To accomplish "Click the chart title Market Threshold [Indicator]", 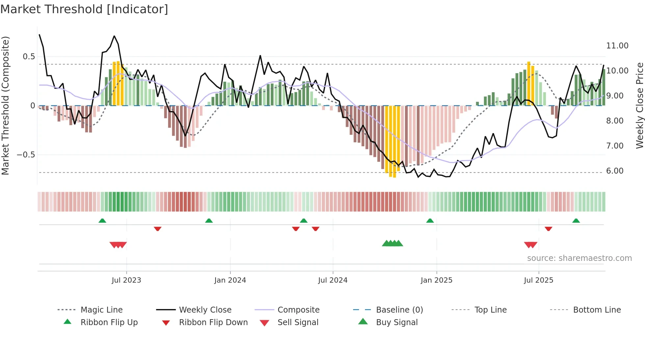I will tap(84, 9).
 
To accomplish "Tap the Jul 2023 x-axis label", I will tap(126, 280).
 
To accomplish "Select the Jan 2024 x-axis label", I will tap(230, 280).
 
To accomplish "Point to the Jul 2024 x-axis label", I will tap(333, 280).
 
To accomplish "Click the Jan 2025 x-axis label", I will tap(436, 280).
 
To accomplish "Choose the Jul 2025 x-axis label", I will tap(539, 280).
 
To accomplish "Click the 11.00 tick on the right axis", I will tap(617, 46).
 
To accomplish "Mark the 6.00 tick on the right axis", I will tap(615, 171).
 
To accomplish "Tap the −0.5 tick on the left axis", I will tap(26, 155).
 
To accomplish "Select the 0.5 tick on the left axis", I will tap(29, 57).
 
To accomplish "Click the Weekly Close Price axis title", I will tap(639, 105).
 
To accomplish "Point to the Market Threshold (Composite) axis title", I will tap(6, 105).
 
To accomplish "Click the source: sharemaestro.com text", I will tap(579, 258).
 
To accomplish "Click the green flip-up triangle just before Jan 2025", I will tap(430, 221).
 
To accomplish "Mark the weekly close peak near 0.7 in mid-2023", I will tap(114, 36).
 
